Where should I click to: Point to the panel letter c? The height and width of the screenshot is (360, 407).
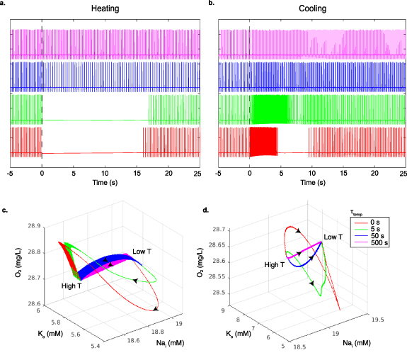[4, 210]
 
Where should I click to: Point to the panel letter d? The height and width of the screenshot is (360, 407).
[205, 210]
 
